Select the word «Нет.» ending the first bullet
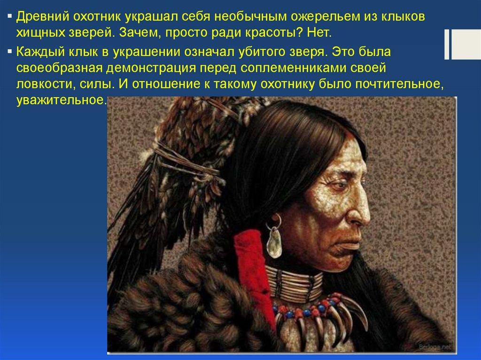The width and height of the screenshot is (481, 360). (x=319, y=33)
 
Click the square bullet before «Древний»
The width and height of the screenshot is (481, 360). (x=10, y=15)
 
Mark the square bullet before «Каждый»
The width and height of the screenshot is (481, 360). (x=10, y=51)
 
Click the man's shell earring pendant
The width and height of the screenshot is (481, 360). (x=274, y=243)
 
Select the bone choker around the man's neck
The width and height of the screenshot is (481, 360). (x=295, y=283)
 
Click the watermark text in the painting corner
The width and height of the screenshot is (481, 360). (x=435, y=346)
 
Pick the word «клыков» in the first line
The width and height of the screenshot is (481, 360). (x=403, y=17)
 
